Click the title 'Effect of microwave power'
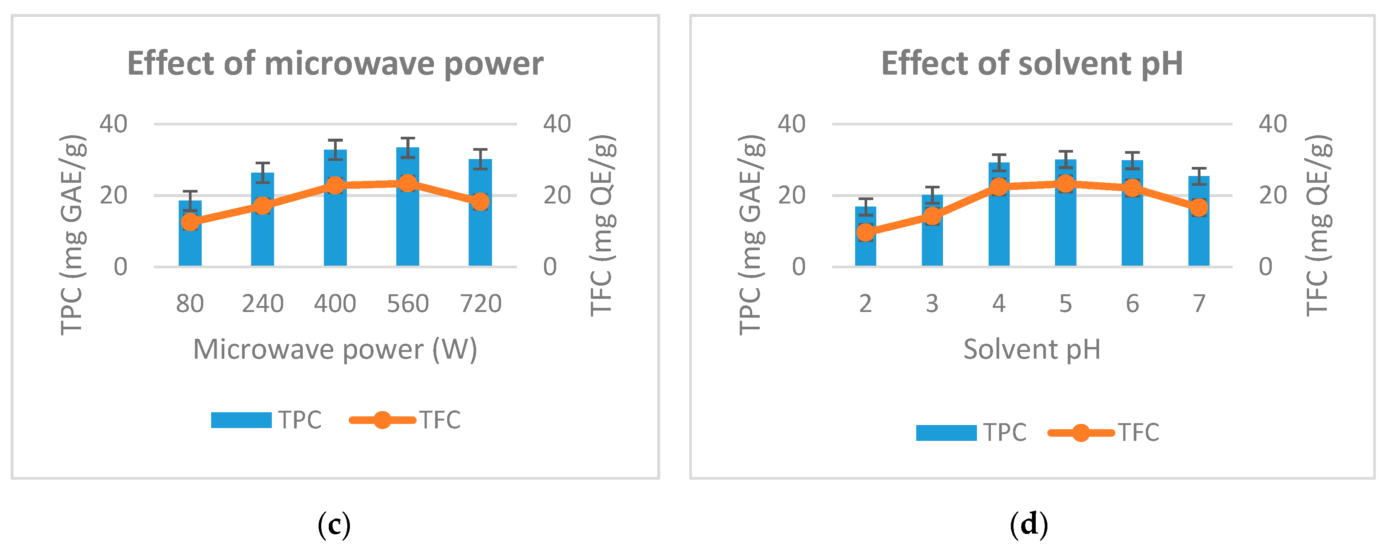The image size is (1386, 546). (x=335, y=63)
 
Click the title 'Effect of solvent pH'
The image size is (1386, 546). (x=1032, y=63)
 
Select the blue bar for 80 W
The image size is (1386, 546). (x=190, y=245)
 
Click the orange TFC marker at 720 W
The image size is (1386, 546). (x=480, y=202)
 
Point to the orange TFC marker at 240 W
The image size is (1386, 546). (x=262, y=205)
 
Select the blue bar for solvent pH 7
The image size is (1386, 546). (x=1199, y=237)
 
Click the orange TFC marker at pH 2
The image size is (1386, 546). (x=865, y=232)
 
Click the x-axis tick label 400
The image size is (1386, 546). (x=335, y=304)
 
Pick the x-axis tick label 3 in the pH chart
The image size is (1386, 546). (x=932, y=304)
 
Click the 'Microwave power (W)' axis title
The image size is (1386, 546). (x=335, y=350)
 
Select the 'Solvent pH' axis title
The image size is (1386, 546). (x=1032, y=350)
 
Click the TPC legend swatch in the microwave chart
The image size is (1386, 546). (x=241, y=420)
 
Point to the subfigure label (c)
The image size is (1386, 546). (x=334, y=525)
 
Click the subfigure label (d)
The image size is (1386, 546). (x=1029, y=525)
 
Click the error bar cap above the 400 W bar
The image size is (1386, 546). (x=335, y=141)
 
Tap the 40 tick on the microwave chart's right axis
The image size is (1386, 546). (x=557, y=124)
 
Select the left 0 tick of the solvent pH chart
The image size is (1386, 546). (x=799, y=267)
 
